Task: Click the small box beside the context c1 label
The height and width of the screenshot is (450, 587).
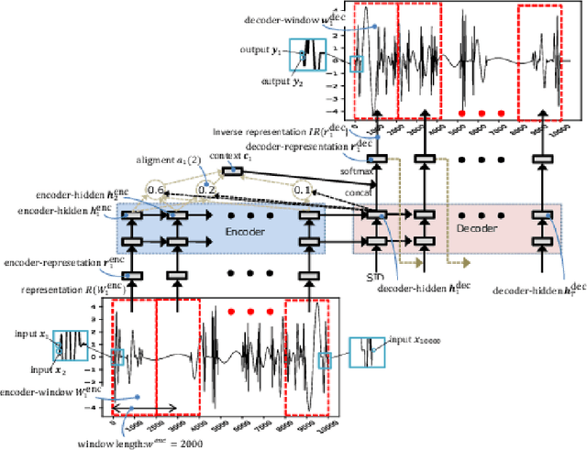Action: pyautogui.click(x=233, y=170)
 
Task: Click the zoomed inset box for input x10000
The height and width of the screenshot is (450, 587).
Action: pyautogui.click(x=366, y=350)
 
